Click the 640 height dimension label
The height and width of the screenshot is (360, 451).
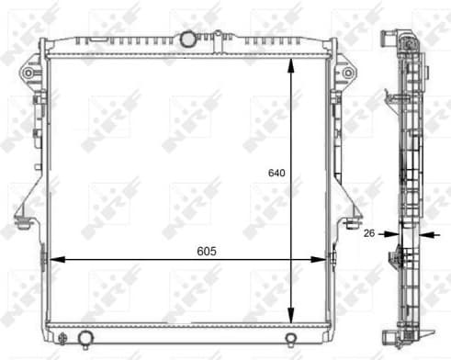[x=276, y=172]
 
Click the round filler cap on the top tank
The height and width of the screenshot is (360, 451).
[x=189, y=39]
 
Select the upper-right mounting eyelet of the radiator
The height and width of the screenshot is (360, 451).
[x=348, y=71]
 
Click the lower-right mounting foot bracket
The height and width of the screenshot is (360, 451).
[x=352, y=221]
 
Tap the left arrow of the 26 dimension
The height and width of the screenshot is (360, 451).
[x=393, y=233]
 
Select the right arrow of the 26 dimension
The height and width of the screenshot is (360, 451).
[x=423, y=233]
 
